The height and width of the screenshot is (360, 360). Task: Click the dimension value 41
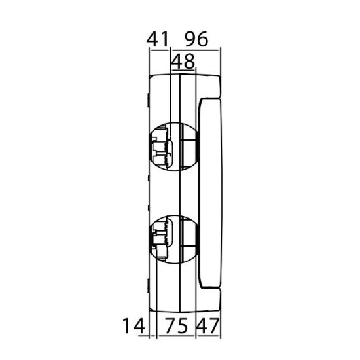(158, 39)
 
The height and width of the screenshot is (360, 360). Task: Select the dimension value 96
(197, 39)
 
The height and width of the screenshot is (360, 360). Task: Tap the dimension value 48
(183, 61)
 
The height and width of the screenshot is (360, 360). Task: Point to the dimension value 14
(134, 325)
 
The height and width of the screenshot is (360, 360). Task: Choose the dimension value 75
(176, 325)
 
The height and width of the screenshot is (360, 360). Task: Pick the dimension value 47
(208, 325)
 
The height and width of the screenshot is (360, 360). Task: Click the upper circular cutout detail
(174, 147)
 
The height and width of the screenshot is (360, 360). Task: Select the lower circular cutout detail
(174, 239)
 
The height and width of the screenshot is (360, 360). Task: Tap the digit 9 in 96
(191, 39)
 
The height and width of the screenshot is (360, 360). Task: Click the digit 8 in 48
(189, 61)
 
